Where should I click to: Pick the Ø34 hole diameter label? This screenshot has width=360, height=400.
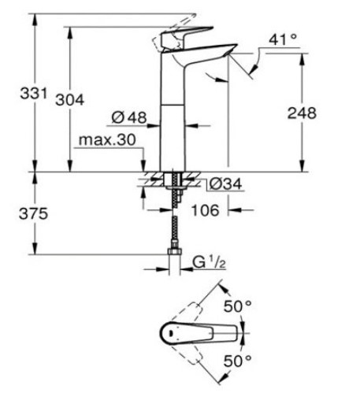point(225,184)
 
